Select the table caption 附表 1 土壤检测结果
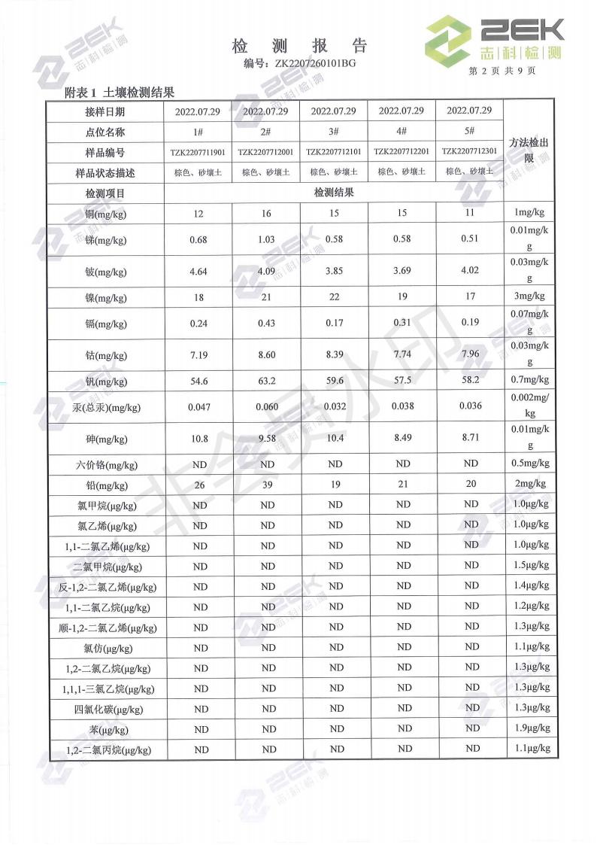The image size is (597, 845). (120, 93)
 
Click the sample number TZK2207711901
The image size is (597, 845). (198, 152)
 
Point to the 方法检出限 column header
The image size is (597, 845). (529, 150)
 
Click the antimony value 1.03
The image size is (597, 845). (266, 240)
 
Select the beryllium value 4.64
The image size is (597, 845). (198, 272)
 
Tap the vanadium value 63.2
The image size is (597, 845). (266, 381)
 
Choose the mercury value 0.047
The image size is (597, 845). (198, 407)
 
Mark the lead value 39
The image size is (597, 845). (266, 485)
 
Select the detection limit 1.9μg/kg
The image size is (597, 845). (530, 728)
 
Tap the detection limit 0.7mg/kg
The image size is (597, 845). (530, 381)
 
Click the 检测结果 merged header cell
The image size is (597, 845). (334, 193)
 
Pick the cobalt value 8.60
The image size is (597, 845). (266, 354)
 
